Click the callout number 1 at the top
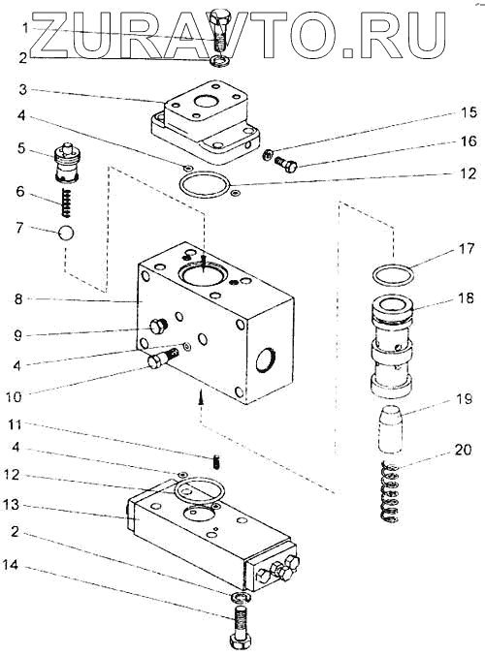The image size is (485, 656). (26, 28)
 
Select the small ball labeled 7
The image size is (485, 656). (67, 233)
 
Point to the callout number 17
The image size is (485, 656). (466, 248)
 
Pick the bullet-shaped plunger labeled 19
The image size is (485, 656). (391, 429)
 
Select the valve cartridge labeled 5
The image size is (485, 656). (67, 163)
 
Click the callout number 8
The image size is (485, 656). (18, 299)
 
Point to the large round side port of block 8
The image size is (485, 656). (266, 359)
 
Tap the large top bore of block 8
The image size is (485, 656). (203, 274)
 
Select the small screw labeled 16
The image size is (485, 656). (286, 164)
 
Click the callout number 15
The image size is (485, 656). (469, 112)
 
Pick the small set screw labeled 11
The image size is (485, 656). (217, 461)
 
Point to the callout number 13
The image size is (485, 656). (12, 505)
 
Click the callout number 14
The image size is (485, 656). (11, 565)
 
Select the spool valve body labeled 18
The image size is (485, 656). (392, 346)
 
